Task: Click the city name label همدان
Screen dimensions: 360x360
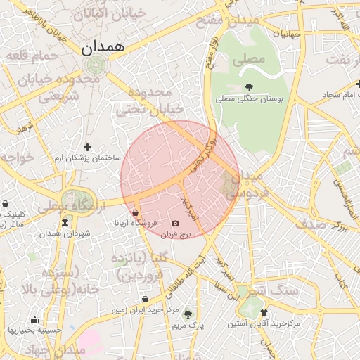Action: (x=102, y=48)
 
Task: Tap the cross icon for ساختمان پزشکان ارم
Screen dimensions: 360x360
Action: (x=87, y=147)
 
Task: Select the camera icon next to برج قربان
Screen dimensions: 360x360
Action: (x=175, y=224)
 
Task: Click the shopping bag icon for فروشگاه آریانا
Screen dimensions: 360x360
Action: (x=135, y=212)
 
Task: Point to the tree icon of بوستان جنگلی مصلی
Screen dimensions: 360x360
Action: (x=249, y=86)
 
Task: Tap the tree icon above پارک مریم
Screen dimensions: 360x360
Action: (x=187, y=314)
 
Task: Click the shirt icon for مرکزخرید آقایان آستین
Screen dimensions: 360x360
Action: (x=264, y=312)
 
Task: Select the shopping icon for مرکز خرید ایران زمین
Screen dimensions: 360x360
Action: (x=144, y=299)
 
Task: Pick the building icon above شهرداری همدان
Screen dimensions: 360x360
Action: (x=65, y=223)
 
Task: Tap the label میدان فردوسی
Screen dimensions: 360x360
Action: (x=245, y=184)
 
